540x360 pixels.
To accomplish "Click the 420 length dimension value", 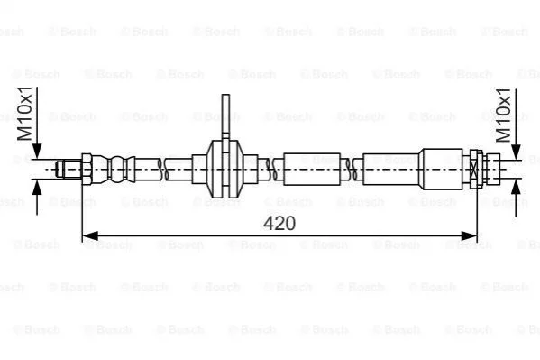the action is (x=279, y=223).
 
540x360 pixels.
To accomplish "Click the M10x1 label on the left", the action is (x=25, y=114).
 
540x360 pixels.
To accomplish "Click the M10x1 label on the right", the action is (x=503, y=115).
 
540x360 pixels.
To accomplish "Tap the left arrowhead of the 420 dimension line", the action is (x=90, y=236).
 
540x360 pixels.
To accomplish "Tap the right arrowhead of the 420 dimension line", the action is (x=469, y=236).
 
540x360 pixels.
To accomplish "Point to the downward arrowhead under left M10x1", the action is (x=36, y=152).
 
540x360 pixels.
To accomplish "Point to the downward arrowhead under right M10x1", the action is (x=516, y=152).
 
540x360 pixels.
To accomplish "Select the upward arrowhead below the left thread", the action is (x=36, y=188).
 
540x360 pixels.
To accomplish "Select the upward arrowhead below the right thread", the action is (x=516, y=188).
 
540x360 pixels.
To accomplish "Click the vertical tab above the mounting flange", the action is (x=225, y=116).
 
